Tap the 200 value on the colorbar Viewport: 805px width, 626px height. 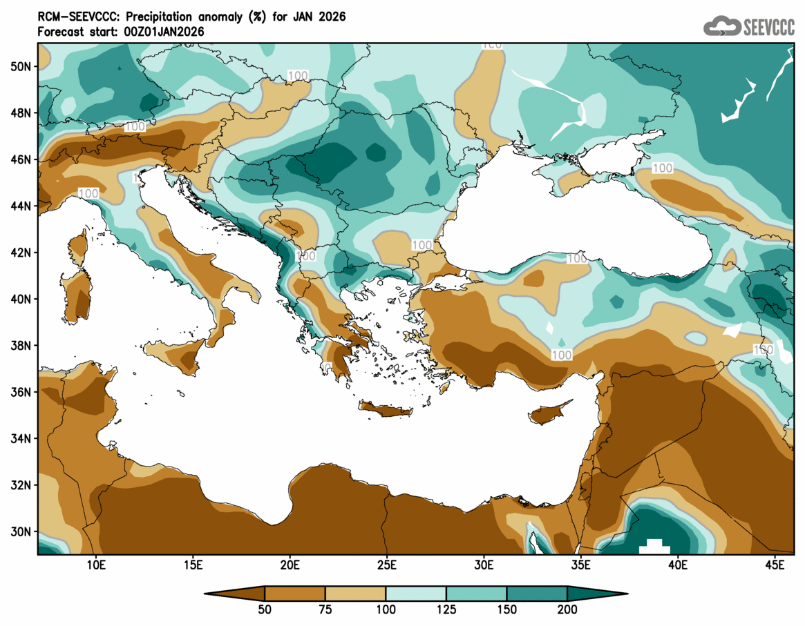(x=567, y=609)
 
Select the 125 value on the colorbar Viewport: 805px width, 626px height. (x=446, y=609)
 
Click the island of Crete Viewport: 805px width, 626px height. (x=385, y=410)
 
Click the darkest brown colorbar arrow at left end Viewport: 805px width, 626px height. (x=235, y=593)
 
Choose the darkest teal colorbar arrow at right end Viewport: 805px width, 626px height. (x=598, y=593)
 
